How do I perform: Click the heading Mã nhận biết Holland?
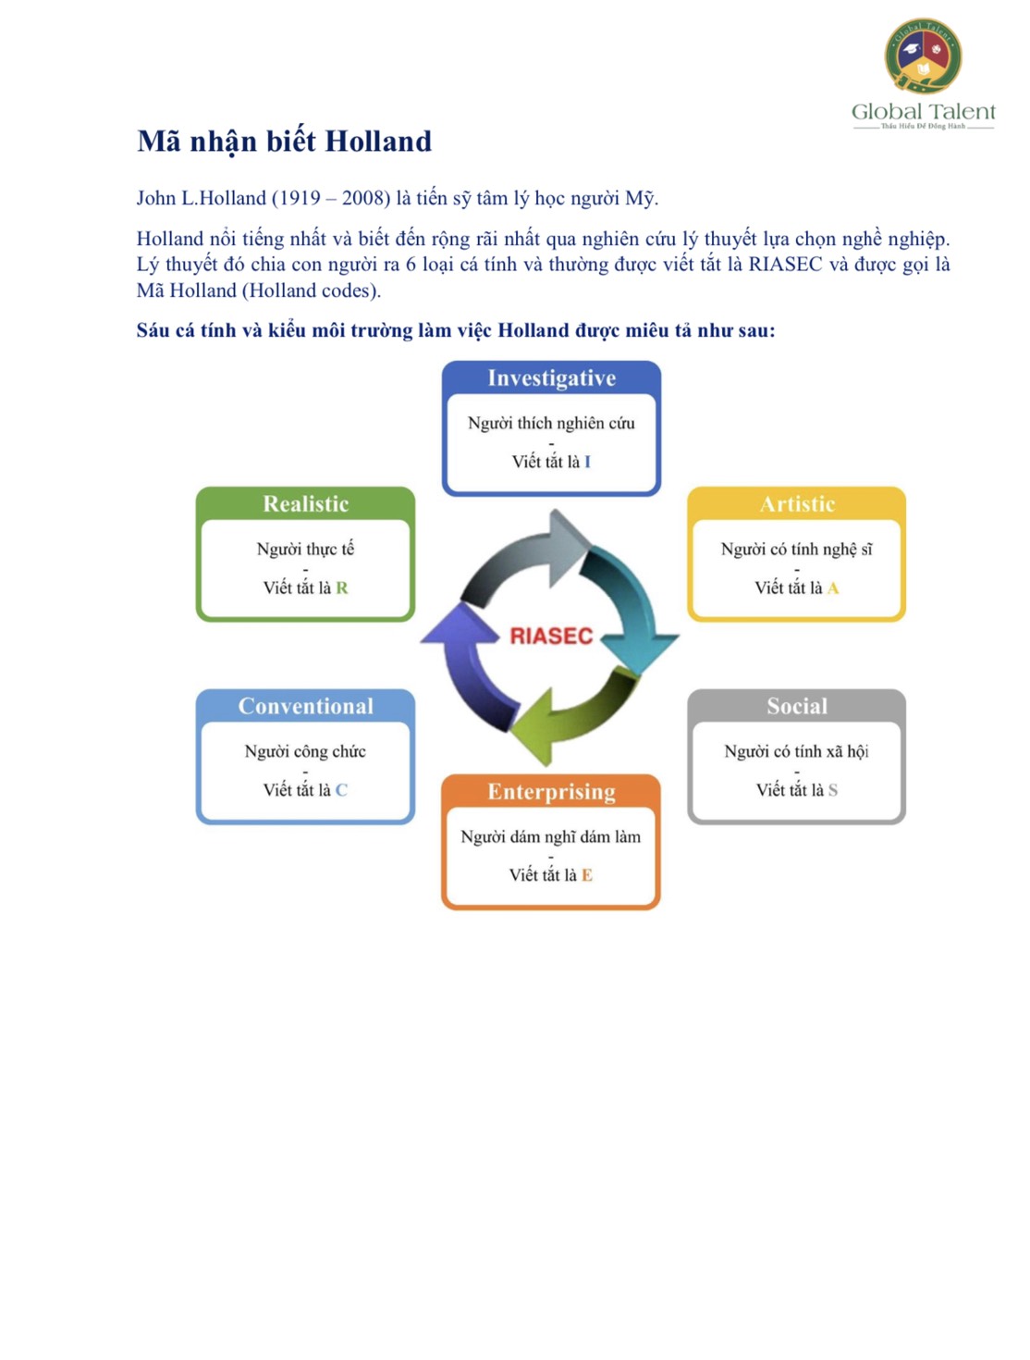click(284, 142)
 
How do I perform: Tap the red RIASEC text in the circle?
click(551, 637)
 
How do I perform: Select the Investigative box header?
click(551, 378)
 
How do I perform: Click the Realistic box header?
click(305, 504)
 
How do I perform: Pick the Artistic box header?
click(797, 504)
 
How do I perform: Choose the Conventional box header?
click(305, 707)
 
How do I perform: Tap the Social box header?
click(797, 707)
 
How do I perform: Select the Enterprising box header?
click(551, 792)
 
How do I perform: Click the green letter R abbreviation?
click(342, 588)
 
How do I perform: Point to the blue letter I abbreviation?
click(587, 462)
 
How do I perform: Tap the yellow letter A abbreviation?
click(833, 588)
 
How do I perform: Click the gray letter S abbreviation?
click(833, 790)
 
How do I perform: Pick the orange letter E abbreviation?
click(587, 875)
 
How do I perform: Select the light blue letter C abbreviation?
click(342, 790)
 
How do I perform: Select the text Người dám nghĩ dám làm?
click(551, 837)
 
